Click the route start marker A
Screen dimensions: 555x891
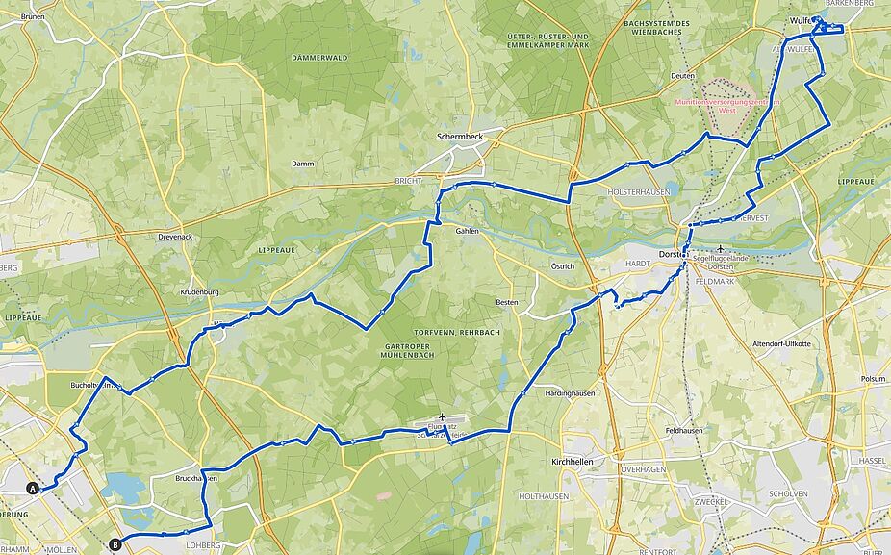pos(33,489)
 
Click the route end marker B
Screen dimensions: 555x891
pos(115,544)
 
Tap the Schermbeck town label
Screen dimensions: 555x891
pos(459,138)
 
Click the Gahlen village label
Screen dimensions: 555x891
pos(467,231)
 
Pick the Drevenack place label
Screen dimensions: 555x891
pos(175,236)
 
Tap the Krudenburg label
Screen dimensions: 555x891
pos(201,291)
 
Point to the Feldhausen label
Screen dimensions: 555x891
pos(683,431)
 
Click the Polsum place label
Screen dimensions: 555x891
pos(873,379)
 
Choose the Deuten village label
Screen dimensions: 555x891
pos(682,75)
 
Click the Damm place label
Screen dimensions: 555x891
pos(303,164)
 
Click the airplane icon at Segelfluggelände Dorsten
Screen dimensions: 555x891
pos(720,248)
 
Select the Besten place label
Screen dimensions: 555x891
pos(506,303)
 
